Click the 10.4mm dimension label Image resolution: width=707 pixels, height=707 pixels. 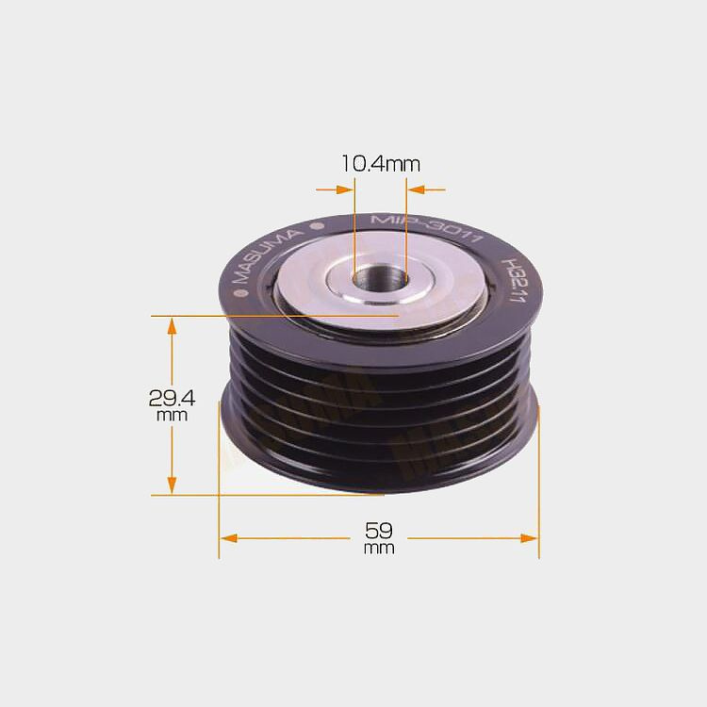click(381, 163)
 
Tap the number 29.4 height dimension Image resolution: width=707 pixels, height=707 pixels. click(172, 398)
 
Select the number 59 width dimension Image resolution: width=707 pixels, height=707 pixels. click(379, 530)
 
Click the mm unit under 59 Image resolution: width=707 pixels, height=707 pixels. click(379, 549)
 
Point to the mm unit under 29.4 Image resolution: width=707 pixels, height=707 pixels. click(172, 416)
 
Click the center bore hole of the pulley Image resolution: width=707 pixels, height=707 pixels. click(380, 279)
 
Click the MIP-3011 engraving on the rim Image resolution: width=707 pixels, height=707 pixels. click(426, 228)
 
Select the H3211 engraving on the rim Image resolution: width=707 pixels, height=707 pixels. click(515, 280)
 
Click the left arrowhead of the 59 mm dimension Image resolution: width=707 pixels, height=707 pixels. click(229, 538)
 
